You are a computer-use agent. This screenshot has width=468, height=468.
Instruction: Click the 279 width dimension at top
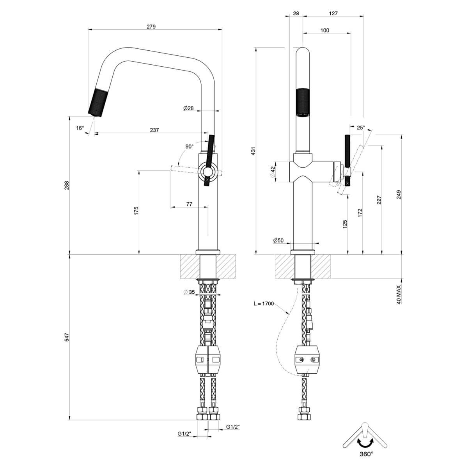coord(151,27)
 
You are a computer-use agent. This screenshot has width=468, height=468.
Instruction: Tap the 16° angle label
coord(80,128)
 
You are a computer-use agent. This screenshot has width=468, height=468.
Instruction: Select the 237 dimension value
coord(154,130)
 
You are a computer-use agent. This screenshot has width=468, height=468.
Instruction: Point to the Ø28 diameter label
coord(188,108)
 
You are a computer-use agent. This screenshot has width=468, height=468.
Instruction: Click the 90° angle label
coord(189,147)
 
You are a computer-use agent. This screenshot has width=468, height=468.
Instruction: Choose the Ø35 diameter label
coord(189,292)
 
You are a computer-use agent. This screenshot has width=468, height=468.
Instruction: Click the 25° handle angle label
coord(361,128)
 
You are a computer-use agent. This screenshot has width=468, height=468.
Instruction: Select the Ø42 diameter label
coord(273,170)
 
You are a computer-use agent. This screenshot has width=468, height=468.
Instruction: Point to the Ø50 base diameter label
coord(278,241)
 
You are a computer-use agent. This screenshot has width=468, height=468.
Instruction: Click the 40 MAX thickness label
coord(399,294)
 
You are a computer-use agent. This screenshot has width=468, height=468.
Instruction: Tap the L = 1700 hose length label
coord(263,303)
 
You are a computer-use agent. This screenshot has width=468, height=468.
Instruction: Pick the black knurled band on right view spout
coord(303,103)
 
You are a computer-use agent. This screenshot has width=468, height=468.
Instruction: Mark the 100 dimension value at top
coord(324,30)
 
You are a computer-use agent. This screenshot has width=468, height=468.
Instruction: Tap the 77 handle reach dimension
coord(189,204)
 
